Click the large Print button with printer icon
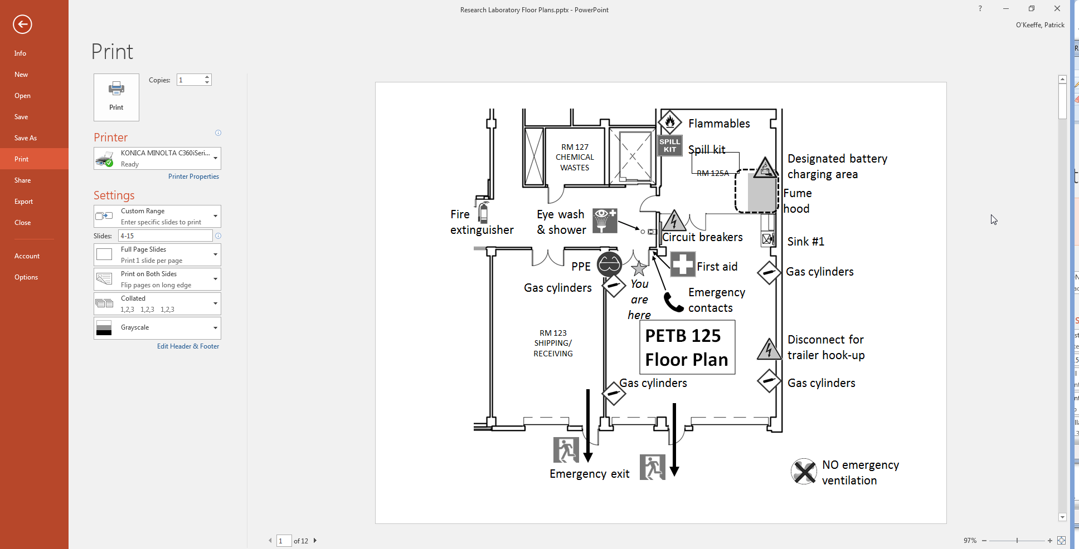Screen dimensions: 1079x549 pyautogui.click(x=116, y=97)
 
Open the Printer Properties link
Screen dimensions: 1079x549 pyautogui.click(x=193, y=177)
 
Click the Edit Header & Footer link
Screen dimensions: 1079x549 pyautogui.click(x=188, y=346)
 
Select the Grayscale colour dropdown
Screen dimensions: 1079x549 pyautogui.click(x=157, y=328)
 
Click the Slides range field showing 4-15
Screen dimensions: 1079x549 pyautogui.click(x=165, y=236)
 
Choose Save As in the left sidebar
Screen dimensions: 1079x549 pyautogui.click(x=26, y=138)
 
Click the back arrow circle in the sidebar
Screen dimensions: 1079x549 pyautogui.click(x=22, y=24)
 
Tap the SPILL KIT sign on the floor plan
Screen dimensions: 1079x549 pyautogui.click(x=670, y=145)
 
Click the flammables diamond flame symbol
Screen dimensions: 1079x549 pyautogui.click(x=670, y=122)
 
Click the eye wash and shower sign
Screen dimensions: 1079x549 pyautogui.click(x=605, y=220)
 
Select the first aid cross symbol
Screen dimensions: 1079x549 pyautogui.click(x=683, y=264)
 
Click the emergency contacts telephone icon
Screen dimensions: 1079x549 pyautogui.click(x=673, y=302)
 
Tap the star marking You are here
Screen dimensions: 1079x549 pyautogui.click(x=639, y=268)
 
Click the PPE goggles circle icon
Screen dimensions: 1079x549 pyautogui.click(x=609, y=264)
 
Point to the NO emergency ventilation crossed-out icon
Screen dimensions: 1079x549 pyautogui.click(x=804, y=472)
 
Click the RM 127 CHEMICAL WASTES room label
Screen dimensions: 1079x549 pyautogui.click(x=575, y=158)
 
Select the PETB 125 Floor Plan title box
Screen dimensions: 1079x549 pyautogui.click(x=687, y=347)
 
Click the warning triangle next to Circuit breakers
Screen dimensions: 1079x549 pyautogui.click(x=674, y=220)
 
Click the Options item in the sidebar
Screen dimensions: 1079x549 pyautogui.click(x=26, y=277)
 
